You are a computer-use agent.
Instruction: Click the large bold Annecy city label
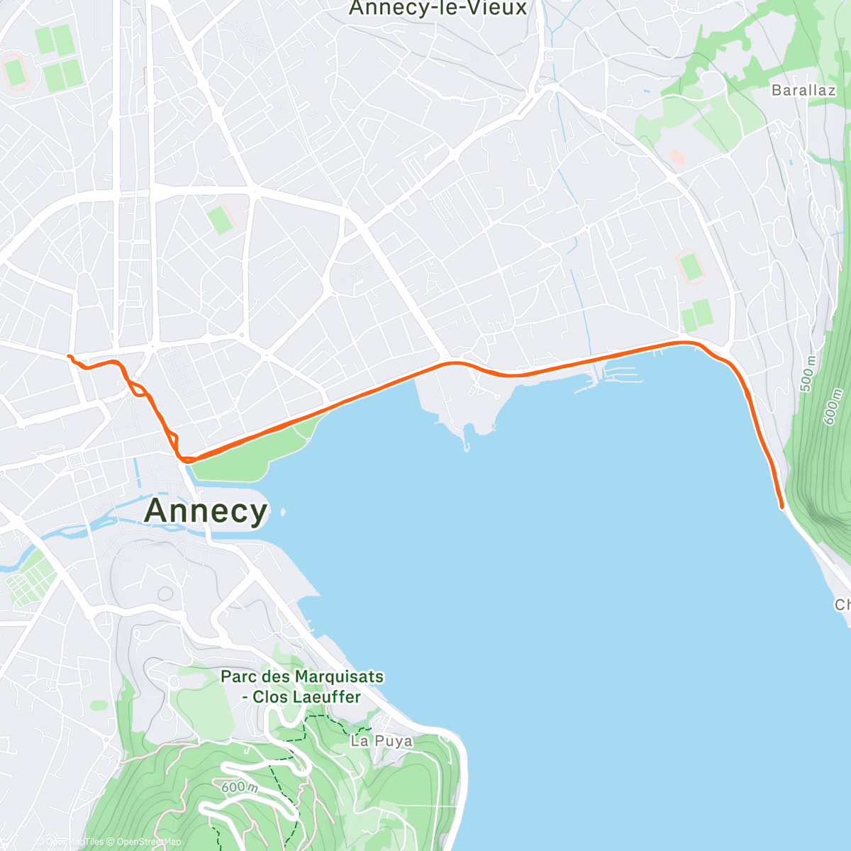click(206, 511)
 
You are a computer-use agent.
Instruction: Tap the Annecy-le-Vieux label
click(438, 9)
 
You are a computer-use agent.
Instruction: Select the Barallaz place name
click(803, 90)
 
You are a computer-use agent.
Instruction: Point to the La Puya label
click(382, 741)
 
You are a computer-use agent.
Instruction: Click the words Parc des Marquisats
click(302, 677)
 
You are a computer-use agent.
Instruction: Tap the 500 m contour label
click(808, 373)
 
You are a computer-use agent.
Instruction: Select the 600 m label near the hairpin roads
click(238, 787)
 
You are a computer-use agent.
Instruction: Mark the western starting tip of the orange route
click(69, 356)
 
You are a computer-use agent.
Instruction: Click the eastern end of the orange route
click(782, 507)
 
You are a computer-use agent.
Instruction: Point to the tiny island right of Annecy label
click(283, 511)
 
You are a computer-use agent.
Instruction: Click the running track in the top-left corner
click(14, 72)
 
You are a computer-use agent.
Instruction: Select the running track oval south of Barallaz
click(690, 267)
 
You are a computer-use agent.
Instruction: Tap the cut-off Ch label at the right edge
click(842, 605)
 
